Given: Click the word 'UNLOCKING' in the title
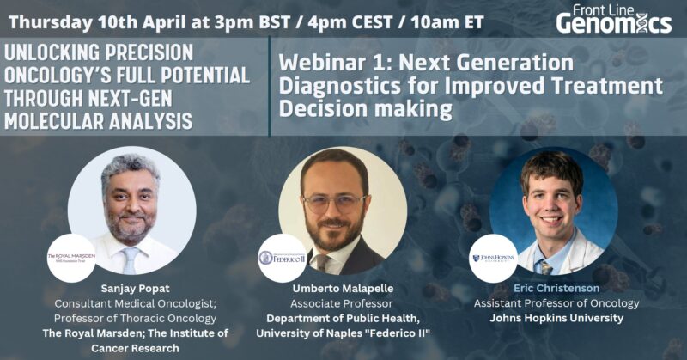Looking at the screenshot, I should coord(53,53).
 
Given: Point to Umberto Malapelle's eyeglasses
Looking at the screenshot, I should coord(335,204).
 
